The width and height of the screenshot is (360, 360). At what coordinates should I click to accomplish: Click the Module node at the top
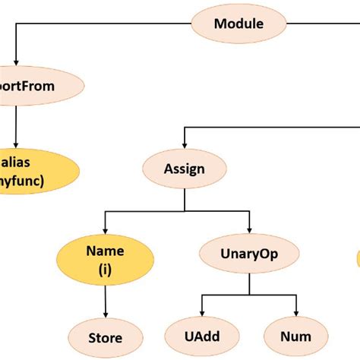[238, 24]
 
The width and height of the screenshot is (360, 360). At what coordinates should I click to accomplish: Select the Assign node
[185, 168]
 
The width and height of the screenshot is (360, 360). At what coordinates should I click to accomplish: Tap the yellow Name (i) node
[105, 258]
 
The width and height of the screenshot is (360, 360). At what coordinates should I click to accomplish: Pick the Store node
[105, 336]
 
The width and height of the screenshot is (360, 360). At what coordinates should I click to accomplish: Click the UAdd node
[201, 336]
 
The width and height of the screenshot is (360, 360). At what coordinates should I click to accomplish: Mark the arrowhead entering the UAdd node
[201, 316]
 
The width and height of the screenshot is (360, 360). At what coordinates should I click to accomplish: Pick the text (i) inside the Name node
[105, 267]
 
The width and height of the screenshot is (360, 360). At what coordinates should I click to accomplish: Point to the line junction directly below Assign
[185, 211]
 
